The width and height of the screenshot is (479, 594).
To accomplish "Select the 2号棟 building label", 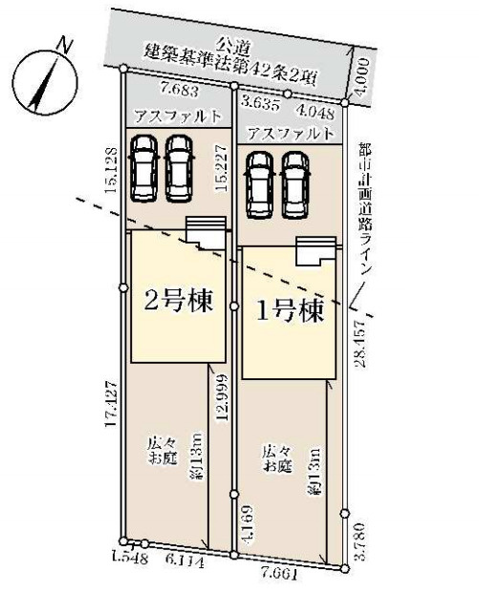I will click(179, 298).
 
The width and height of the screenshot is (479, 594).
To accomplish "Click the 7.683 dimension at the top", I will click(182, 88).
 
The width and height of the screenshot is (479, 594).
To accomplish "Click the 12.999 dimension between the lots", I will click(222, 397).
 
